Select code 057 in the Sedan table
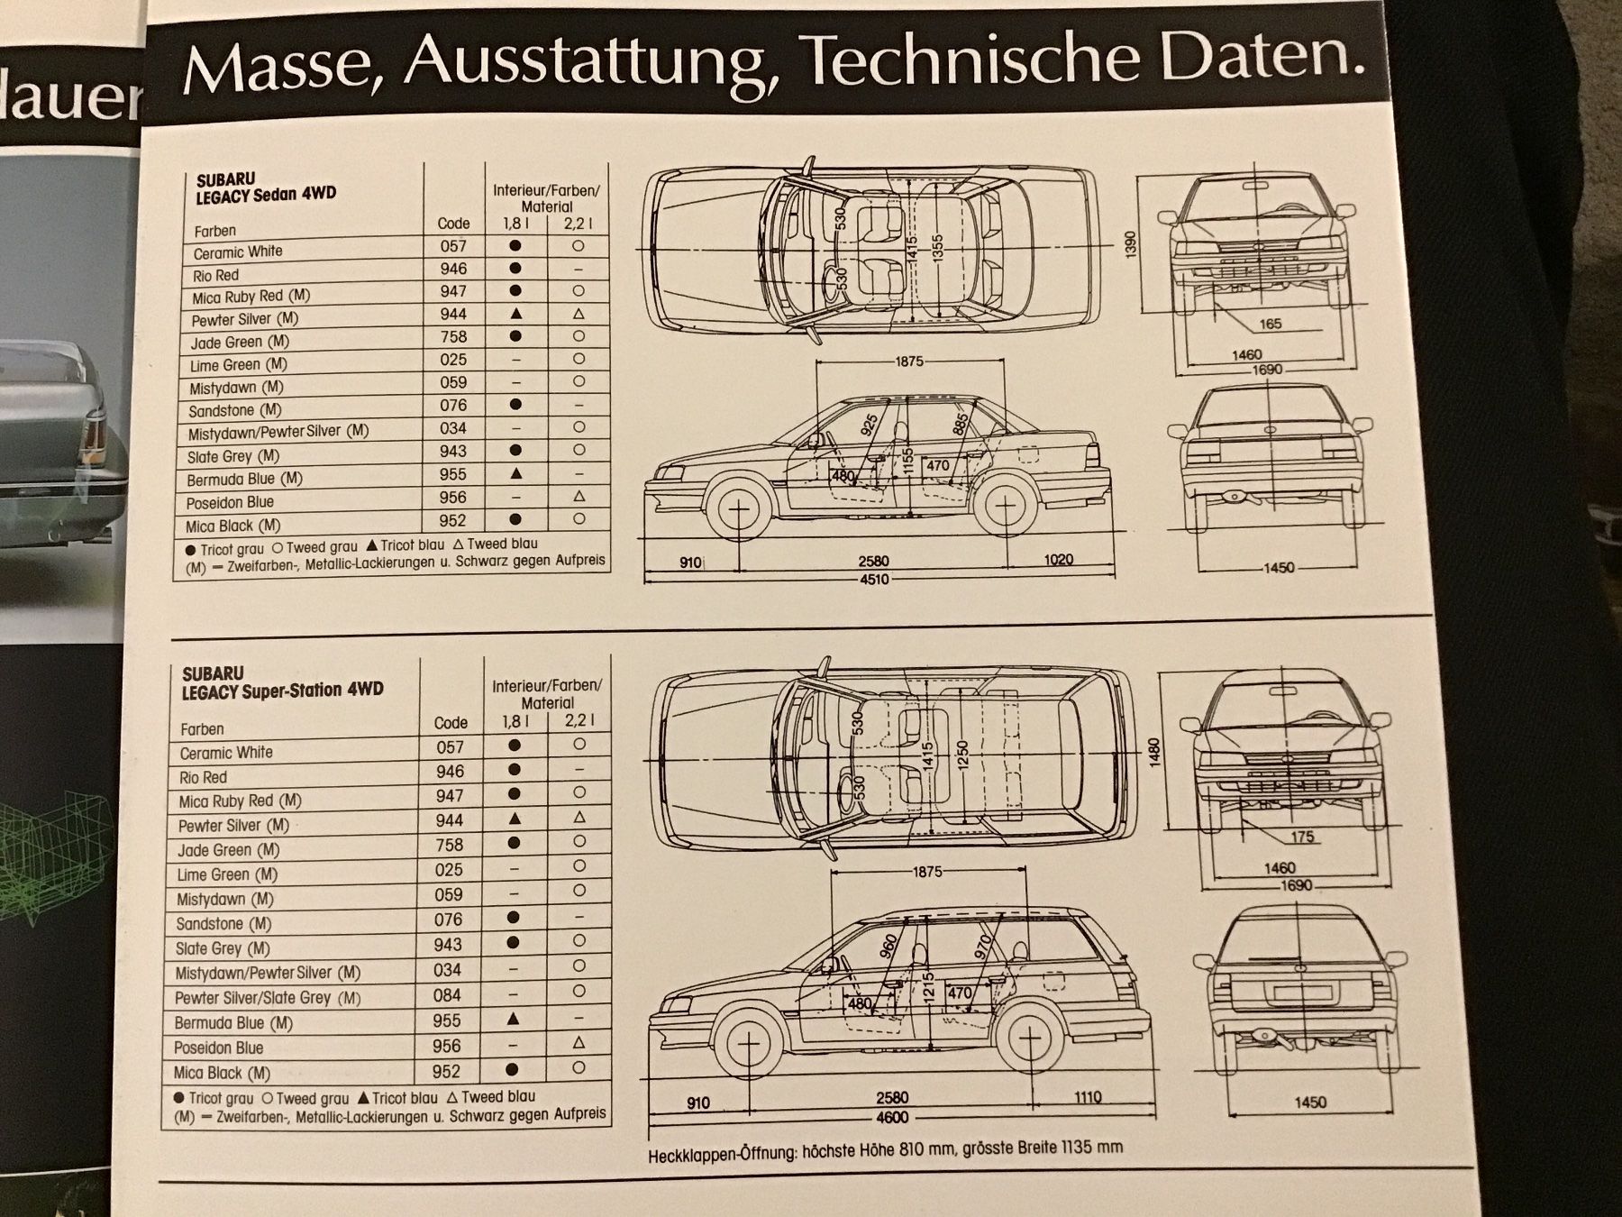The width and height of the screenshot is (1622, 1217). point(453,245)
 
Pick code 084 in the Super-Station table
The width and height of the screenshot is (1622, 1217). point(447,995)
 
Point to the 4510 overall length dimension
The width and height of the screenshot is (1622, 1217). point(874,580)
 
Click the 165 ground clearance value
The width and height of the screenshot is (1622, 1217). point(1270,324)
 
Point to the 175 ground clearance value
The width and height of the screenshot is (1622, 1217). point(1302,837)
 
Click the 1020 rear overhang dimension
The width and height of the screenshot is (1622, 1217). point(1058,560)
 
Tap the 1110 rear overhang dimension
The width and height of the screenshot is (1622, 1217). point(1087,1097)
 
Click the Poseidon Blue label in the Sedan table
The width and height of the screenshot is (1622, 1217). point(230,502)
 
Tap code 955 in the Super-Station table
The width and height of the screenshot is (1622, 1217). point(446,1020)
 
